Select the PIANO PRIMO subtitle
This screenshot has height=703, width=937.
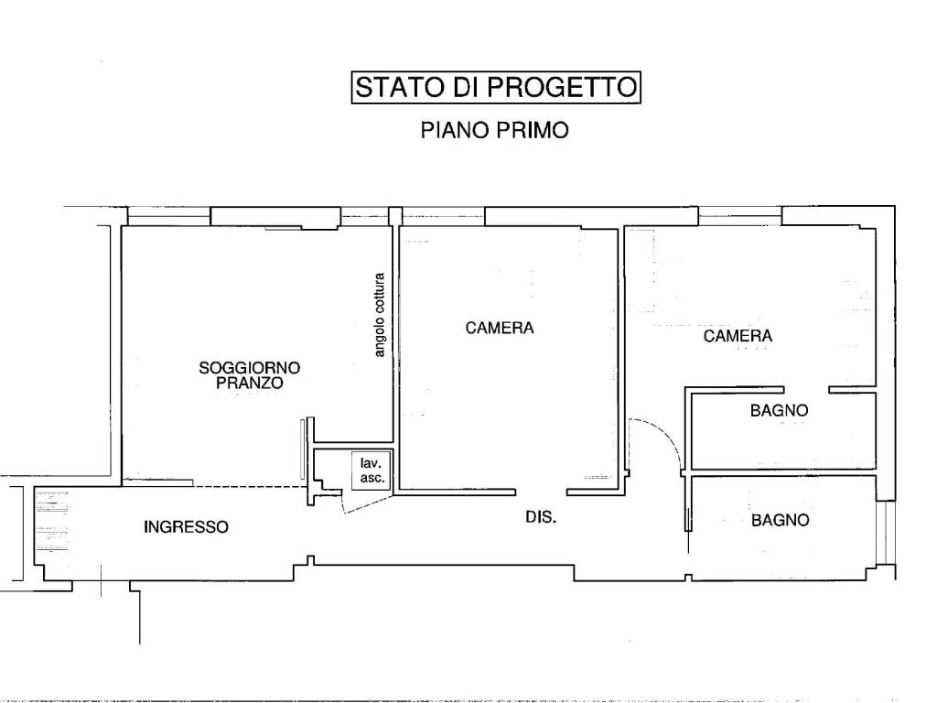494,130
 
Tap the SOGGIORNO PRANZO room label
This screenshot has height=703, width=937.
250,375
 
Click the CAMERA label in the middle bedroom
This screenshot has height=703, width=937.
499,328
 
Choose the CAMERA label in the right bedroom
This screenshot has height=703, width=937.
738,336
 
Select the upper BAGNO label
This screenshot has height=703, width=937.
779,411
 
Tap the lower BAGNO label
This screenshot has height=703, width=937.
780,520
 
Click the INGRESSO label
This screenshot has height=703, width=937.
186,527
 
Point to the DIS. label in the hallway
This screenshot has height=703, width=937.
541,517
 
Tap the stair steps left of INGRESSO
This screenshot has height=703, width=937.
52,527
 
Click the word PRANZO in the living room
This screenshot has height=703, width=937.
250,384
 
